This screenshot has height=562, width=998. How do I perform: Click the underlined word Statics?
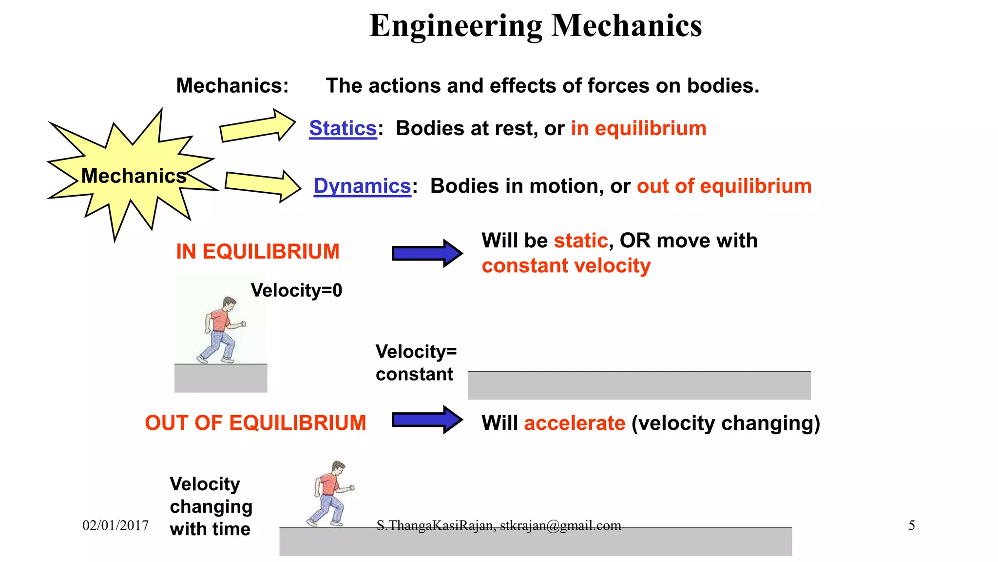pyautogui.click(x=343, y=128)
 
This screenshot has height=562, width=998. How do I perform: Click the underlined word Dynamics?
pyautogui.click(x=362, y=186)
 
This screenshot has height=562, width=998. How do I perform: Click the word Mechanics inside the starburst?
pyautogui.click(x=134, y=176)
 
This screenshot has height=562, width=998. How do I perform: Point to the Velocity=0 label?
pyautogui.click(x=296, y=291)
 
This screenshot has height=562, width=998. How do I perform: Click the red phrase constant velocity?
pyautogui.click(x=566, y=266)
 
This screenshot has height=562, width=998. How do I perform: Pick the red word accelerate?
pyautogui.click(x=574, y=423)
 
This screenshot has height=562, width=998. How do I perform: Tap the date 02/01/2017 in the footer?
pyautogui.click(x=115, y=525)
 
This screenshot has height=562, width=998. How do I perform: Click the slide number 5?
pyautogui.click(x=911, y=525)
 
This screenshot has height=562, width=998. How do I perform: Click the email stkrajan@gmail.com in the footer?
pyautogui.click(x=560, y=525)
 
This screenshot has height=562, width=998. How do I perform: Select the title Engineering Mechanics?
pyautogui.click(x=535, y=25)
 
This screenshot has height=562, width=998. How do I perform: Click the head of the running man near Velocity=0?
pyautogui.click(x=229, y=302)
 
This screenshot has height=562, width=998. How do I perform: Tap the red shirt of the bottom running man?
pyautogui.click(x=330, y=484)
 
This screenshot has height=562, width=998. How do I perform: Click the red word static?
pyautogui.click(x=581, y=241)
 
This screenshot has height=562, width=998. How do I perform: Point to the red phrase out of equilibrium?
pyautogui.click(x=724, y=186)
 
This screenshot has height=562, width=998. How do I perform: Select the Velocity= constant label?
pyautogui.click(x=415, y=362)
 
